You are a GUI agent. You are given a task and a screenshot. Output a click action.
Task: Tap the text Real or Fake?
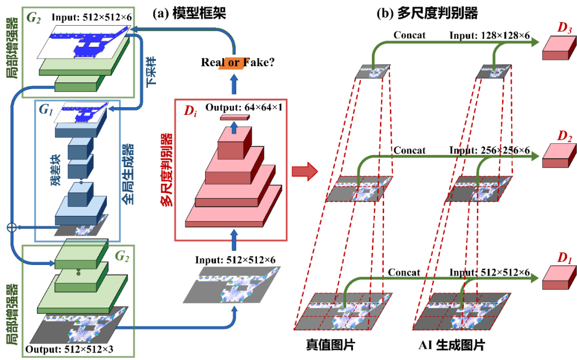[x=237, y=62]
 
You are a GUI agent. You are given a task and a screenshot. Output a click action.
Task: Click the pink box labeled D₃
[x=558, y=49]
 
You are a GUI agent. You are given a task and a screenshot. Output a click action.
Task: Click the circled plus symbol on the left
[x=11, y=227]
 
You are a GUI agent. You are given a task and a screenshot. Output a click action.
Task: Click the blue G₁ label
[x=44, y=110]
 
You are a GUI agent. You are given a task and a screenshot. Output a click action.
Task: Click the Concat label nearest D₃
[x=409, y=35]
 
